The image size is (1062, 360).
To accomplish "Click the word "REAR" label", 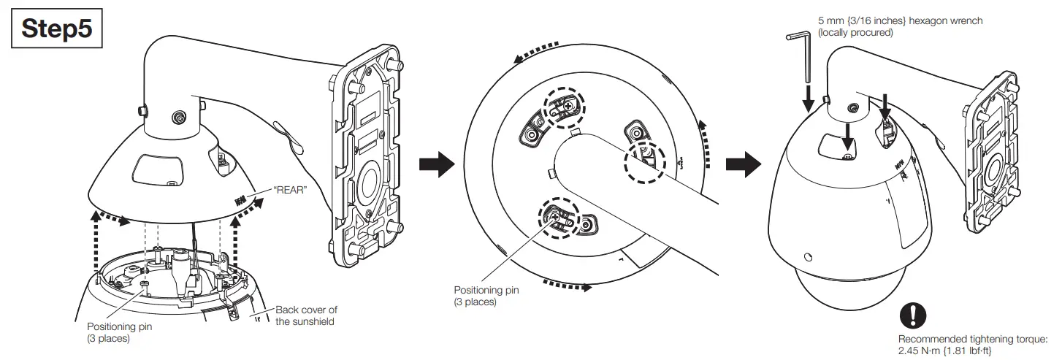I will point(289,188).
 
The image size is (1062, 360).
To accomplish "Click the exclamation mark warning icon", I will point(912,315).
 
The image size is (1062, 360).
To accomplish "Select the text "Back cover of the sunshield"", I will point(306,315).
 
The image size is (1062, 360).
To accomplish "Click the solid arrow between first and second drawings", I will point(432,165).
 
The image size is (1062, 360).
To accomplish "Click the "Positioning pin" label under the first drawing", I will point(119,332).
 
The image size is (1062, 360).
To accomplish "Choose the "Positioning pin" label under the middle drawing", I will point(486,295).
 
